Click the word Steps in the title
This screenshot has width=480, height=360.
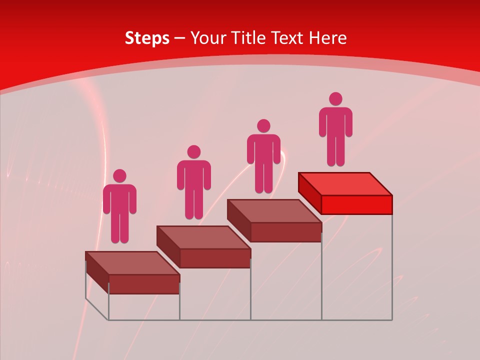(147, 38)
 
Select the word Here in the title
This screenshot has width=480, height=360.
(327, 38)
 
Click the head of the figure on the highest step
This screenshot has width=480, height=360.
(335, 99)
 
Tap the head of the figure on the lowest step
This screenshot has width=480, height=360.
(119, 176)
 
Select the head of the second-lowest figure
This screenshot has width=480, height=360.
(193, 152)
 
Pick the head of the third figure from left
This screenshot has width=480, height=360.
(263, 126)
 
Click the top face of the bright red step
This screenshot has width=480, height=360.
(345, 183)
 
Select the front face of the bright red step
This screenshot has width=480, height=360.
(356, 204)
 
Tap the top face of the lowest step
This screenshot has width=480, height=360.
(132, 263)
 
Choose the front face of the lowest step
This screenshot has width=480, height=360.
(144, 284)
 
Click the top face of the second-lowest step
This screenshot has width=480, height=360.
(203, 237)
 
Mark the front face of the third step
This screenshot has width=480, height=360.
(285, 232)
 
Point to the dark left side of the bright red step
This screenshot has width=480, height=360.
(309, 192)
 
